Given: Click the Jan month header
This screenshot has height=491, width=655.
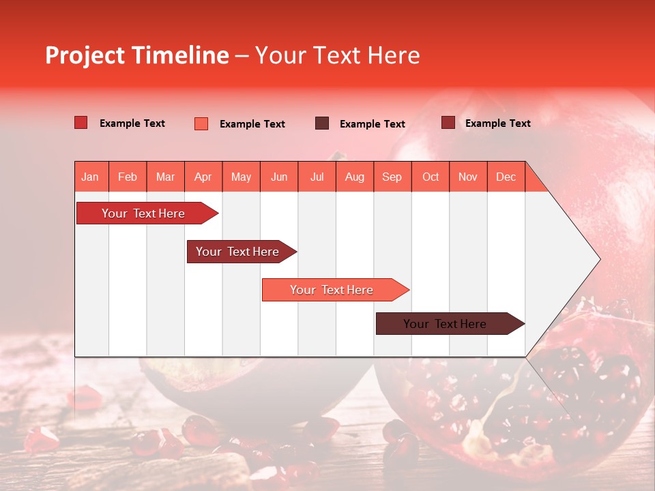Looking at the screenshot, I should (x=90, y=177).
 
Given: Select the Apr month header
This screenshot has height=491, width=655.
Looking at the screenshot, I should (x=203, y=177).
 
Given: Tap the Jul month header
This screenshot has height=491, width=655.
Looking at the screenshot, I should (x=317, y=177).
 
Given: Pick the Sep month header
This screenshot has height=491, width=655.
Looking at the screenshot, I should (x=392, y=177).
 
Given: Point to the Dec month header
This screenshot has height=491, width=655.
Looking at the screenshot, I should (x=506, y=177).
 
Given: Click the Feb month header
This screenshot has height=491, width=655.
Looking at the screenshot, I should (x=128, y=177).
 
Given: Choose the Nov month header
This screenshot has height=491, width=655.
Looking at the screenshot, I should (x=468, y=177).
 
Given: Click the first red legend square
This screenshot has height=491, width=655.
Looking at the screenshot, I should (x=81, y=123).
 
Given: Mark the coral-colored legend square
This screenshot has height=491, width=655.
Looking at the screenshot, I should (x=201, y=123).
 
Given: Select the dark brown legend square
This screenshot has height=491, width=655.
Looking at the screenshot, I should (x=322, y=123).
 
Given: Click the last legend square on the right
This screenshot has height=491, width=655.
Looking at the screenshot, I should (x=448, y=123).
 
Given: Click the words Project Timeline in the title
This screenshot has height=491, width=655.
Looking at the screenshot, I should (x=137, y=55).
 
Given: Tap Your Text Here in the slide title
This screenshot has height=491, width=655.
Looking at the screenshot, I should (x=338, y=55).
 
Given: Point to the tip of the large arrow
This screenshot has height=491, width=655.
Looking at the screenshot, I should (x=598, y=259).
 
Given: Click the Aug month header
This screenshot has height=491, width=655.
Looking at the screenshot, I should (x=355, y=177).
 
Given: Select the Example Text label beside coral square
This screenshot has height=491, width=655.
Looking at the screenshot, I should (x=252, y=124).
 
